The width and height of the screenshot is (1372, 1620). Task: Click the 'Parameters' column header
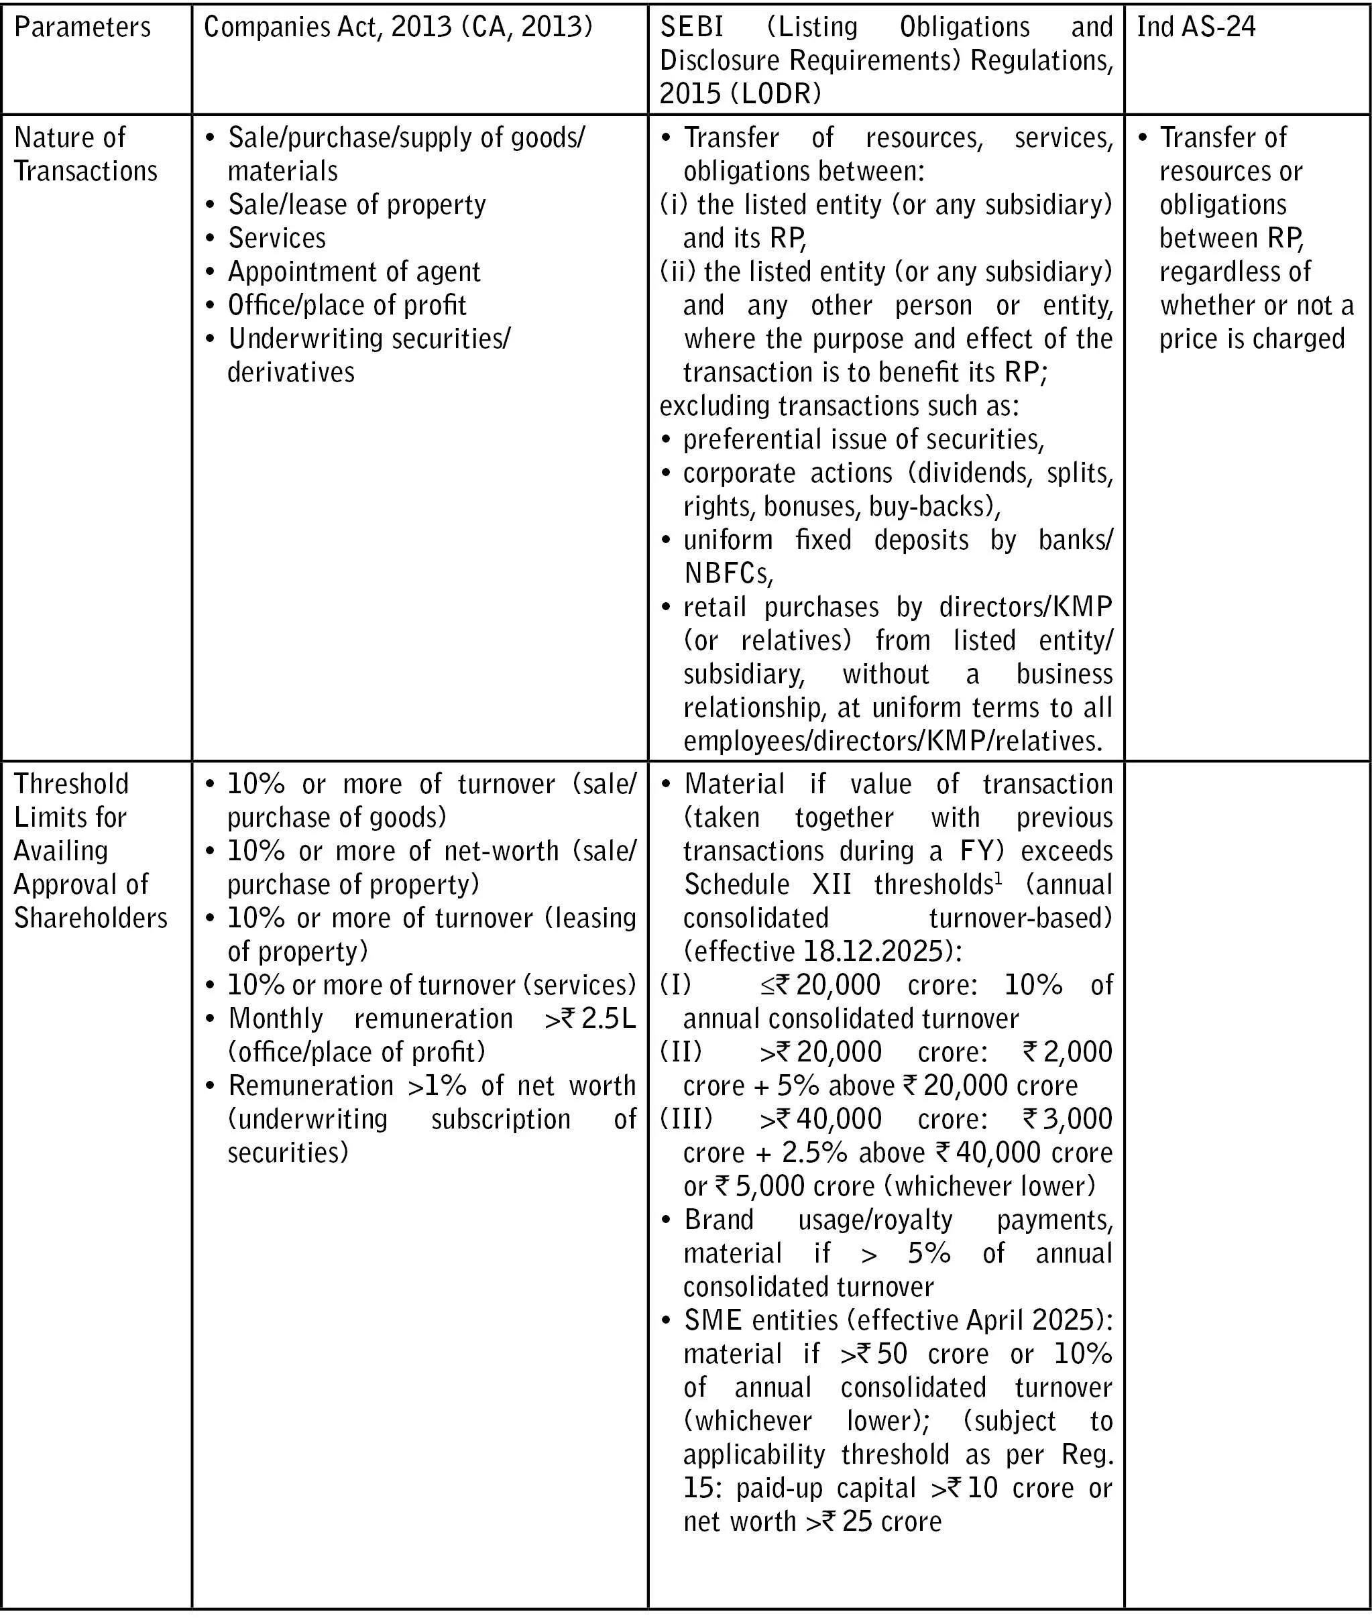[82, 27]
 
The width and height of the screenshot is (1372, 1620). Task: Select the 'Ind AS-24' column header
[1196, 27]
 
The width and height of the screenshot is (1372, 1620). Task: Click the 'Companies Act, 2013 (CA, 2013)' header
[398, 27]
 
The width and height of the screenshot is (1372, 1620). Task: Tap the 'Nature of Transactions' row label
[86, 154]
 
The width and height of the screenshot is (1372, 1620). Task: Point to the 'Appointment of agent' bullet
[354, 272]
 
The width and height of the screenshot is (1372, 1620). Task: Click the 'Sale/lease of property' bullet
[356, 205]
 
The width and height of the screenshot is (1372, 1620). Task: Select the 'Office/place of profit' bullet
[347, 305]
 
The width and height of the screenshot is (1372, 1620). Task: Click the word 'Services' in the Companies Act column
[277, 238]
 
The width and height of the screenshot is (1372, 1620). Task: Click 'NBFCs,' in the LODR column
[728, 573]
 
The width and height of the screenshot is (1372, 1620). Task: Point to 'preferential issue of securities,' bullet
[863, 439]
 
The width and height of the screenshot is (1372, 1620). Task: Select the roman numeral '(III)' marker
[686, 1118]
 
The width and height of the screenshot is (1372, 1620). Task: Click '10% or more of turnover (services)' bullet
[432, 984]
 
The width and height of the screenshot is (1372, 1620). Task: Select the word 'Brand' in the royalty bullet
[719, 1220]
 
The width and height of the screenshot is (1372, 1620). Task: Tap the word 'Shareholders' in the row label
[91, 918]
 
